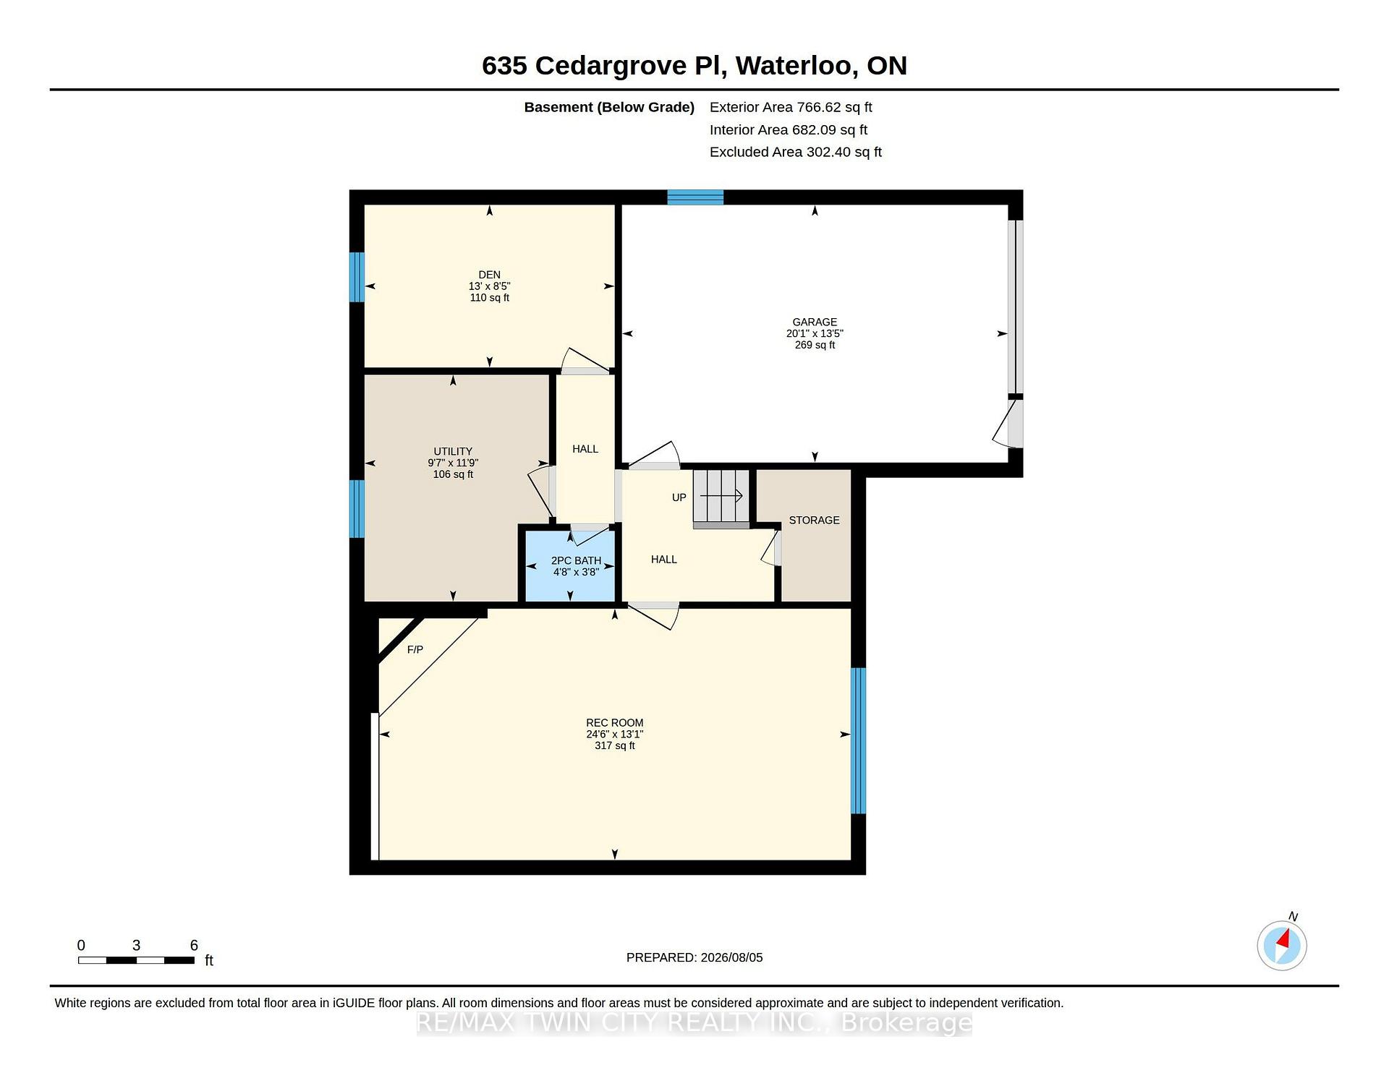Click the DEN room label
[489, 275]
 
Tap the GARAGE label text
[815, 322]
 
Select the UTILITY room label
[453, 451]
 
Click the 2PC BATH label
[576, 560]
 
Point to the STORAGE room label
[814, 521]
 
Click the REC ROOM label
[614, 723]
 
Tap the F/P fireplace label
[415, 650]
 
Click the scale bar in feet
[136, 960]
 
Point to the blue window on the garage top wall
[695, 197]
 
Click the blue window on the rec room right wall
[858, 741]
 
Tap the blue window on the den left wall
[357, 277]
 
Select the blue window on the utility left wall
[357, 509]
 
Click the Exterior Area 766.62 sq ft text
[791, 108]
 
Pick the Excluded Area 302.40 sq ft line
[796, 153]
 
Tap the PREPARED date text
[694, 957]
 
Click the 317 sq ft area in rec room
[614, 745]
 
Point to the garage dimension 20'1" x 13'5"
[815, 334]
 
